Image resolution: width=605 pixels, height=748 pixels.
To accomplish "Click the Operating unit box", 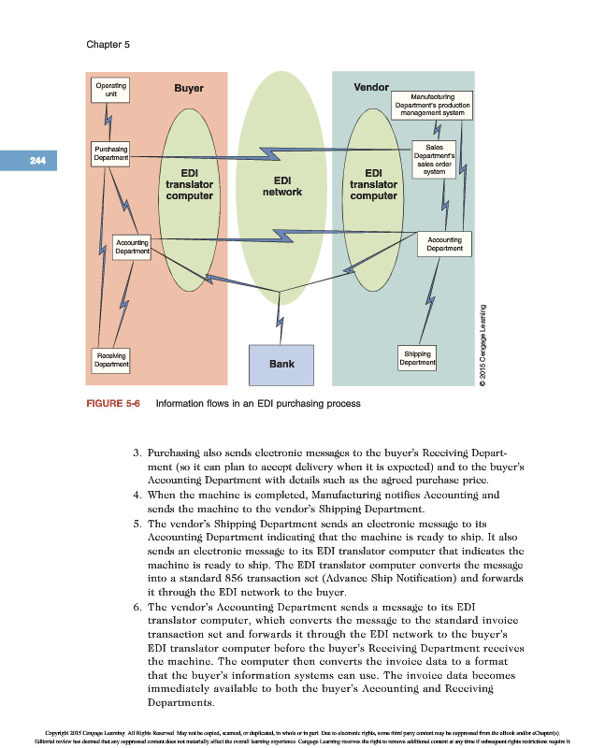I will (x=110, y=90).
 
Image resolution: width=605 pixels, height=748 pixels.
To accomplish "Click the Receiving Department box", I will (x=110, y=358).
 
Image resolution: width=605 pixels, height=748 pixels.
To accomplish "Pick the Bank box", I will (x=282, y=365).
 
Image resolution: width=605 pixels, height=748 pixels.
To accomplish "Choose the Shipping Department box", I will (x=417, y=358).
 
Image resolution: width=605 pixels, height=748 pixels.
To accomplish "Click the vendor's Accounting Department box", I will (x=444, y=244).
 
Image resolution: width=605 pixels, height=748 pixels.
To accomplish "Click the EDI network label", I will (x=281, y=186).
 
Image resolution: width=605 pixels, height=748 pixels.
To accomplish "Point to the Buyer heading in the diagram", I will (x=189, y=89).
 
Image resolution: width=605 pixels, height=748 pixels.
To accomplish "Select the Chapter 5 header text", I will (x=108, y=44).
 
